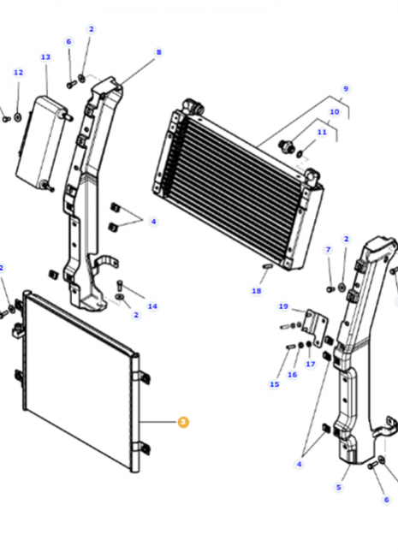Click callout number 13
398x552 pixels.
pyautogui.click(x=45, y=56)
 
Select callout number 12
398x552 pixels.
pyautogui.click(x=18, y=73)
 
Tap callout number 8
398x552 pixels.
pyautogui.click(x=158, y=52)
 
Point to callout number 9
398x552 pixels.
pyautogui.click(x=346, y=88)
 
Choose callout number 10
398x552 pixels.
pyautogui.click(x=335, y=111)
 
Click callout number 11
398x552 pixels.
pyautogui.click(x=322, y=133)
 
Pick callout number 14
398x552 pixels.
pyautogui.click(x=152, y=306)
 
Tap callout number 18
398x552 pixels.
pyautogui.click(x=256, y=291)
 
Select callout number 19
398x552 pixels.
pyautogui.click(x=282, y=306)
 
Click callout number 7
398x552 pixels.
pyautogui.click(x=328, y=249)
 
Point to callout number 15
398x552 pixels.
pyautogui.click(x=275, y=384)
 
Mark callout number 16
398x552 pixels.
pyautogui.click(x=292, y=374)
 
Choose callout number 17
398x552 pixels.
pyautogui.click(x=311, y=364)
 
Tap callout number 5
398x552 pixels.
pyautogui.click(x=338, y=487)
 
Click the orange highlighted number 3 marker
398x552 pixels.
pyautogui.click(x=181, y=422)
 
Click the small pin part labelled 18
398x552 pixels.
pyautogui.click(x=265, y=266)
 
